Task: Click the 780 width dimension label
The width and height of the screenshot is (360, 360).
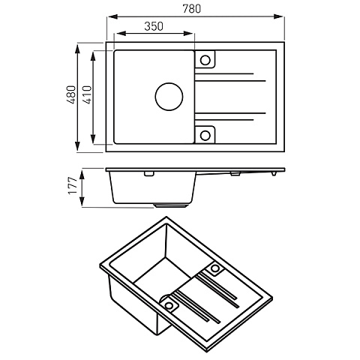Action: [192, 9]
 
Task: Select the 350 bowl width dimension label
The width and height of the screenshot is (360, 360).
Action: [154, 26]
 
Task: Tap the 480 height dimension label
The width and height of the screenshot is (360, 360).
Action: [70, 94]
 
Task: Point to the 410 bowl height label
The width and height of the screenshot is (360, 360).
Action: [87, 94]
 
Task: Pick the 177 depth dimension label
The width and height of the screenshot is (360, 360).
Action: [73, 185]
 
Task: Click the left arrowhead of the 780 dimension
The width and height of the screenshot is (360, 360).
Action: [112, 16]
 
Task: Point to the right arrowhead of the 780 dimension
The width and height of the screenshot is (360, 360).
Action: [278, 16]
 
